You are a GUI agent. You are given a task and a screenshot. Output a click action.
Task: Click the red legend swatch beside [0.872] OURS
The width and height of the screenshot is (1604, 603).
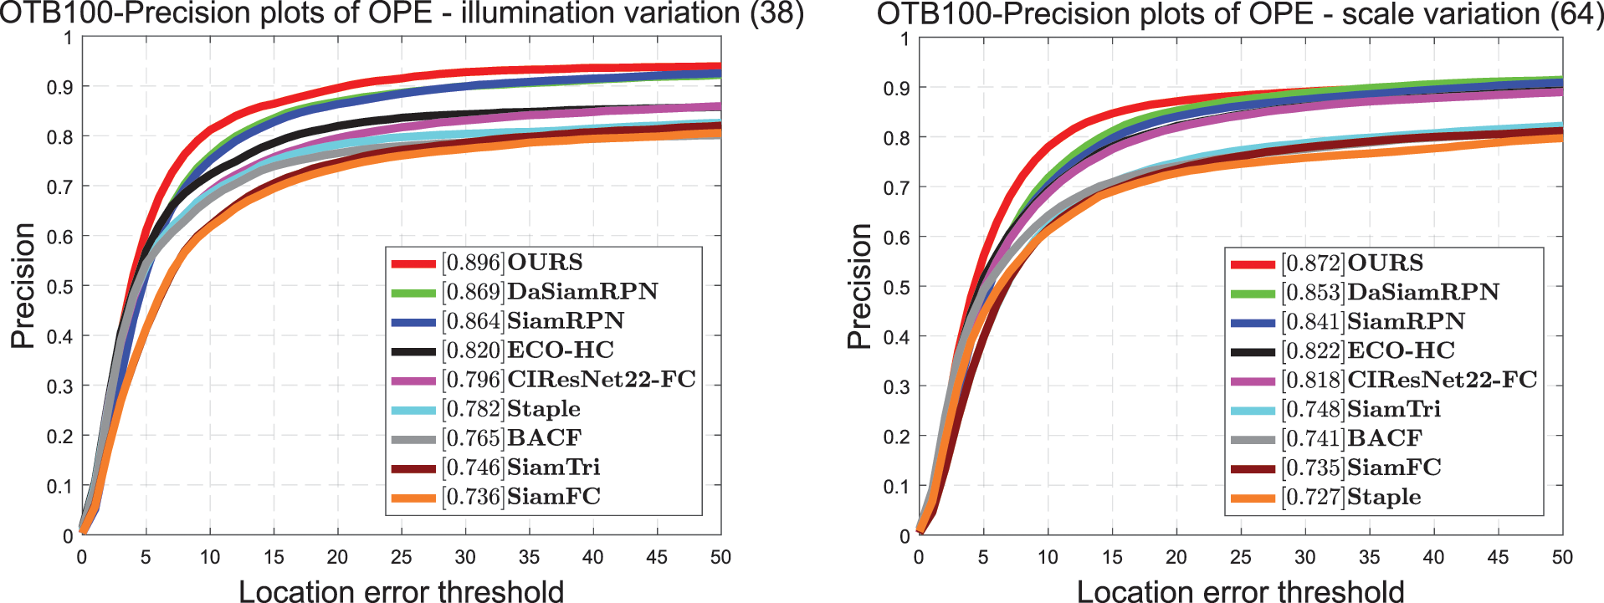point(1253,264)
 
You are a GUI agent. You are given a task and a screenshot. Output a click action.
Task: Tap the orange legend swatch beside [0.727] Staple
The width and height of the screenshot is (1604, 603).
point(1253,498)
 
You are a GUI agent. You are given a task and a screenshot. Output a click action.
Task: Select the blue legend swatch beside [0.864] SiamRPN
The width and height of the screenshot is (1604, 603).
point(413,322)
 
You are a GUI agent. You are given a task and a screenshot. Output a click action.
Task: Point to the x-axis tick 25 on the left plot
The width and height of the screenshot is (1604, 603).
point(402,557)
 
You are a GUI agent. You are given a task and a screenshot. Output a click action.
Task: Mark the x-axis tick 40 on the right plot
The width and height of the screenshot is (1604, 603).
point(1433,557)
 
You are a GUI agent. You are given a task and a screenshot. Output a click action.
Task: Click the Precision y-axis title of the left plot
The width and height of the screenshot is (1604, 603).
point(23,286)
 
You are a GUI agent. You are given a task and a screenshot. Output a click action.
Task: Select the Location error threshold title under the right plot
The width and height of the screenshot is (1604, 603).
point(1240,590)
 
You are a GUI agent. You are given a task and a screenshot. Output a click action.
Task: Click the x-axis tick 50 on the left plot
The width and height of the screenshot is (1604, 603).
point(720,557)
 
